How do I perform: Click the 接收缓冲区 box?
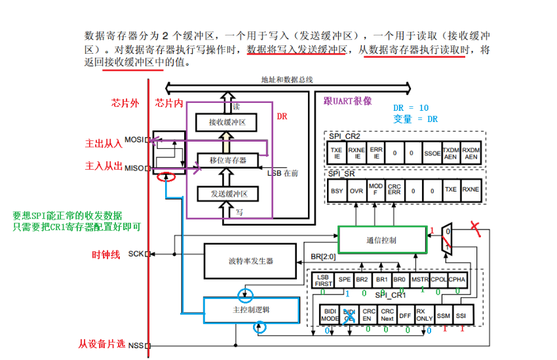tap(227, 122)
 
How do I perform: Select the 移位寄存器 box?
tap(228, 160)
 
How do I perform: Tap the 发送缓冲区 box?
tap(228, 193)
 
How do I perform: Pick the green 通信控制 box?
tap(381, 240)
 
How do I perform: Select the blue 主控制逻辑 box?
tap(250, 310)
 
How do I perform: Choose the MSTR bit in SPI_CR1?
tap(419, 279)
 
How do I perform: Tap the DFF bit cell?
tap(406, 315)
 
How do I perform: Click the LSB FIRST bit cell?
tap(324, 279)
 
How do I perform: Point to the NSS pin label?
tap(136, 346)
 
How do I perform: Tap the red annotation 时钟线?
tap(106, 254)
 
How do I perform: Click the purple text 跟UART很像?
tap(347, 101)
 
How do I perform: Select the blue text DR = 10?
tap(411, 108)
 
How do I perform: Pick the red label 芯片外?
tap(125, 104)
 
